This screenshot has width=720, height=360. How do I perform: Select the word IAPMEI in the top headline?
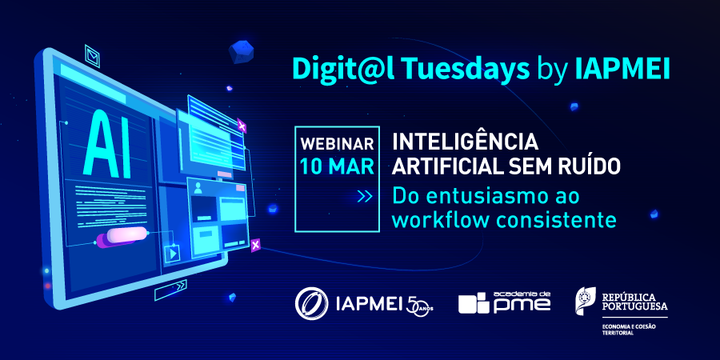point(622,70)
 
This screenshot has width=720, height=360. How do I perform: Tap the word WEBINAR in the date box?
point(337,144)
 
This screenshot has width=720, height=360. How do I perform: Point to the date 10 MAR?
point(337,166)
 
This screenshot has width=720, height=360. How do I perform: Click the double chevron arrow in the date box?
point(365,197)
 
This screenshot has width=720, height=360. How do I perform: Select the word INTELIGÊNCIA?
point(465,142)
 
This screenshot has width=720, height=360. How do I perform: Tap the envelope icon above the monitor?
point(92,56)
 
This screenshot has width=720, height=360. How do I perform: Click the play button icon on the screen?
point(172,253)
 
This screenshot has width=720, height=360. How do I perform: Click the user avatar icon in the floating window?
point(198,187)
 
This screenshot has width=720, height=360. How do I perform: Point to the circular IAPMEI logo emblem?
point(312,303)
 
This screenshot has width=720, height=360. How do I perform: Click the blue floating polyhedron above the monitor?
point(242,50)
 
